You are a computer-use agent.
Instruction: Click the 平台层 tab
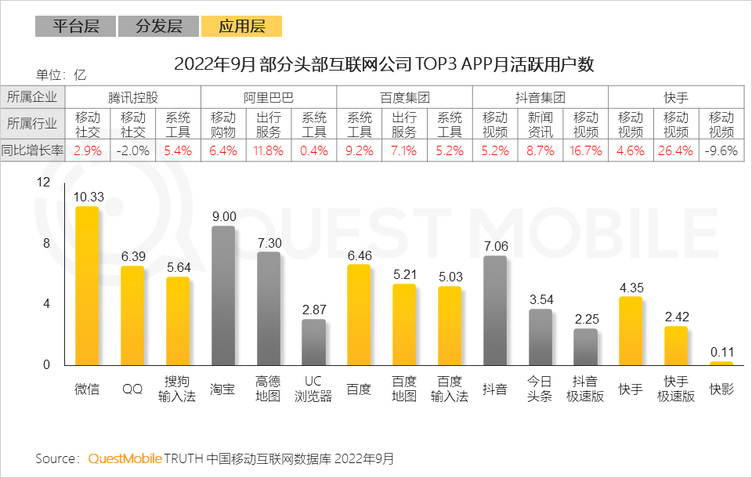(75, 27)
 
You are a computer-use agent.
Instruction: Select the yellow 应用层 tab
(241, 27)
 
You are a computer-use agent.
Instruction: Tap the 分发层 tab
(158, 27)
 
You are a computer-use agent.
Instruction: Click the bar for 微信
(87, 286)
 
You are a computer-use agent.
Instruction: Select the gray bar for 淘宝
(223, 295)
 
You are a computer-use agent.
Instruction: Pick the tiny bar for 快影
(721, 363)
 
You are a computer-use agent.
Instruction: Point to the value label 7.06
(495, 247)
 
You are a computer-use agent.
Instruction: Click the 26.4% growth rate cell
(676, 151)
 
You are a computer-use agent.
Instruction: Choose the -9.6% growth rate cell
(721, 151)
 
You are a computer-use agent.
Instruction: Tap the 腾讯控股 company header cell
(133, 98)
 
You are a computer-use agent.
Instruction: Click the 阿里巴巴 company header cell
(269, 98)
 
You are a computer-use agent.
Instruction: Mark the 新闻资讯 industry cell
(540, 125)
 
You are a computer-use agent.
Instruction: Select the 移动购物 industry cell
(223, 125)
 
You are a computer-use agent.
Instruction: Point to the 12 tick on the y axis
(43, 183)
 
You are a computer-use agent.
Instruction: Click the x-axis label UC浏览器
(313, 389)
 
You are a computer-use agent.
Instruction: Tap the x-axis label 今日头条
(540, 389)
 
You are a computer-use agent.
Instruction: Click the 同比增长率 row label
(33, 151)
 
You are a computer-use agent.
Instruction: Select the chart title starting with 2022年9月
(384, 64)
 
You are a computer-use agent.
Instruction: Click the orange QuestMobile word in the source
(125, 458)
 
